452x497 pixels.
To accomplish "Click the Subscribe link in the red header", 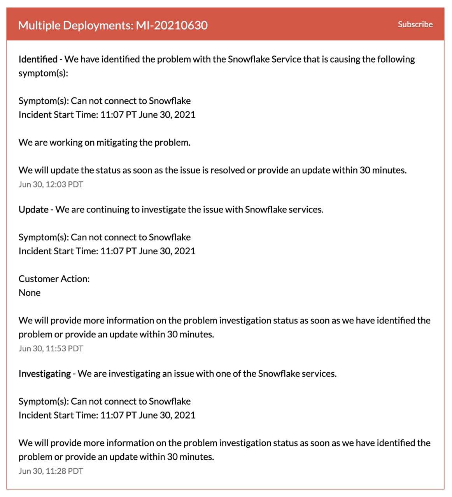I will coord(415,24).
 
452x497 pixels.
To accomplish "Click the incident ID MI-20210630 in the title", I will coord(172,25).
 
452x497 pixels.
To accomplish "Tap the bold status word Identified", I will coord(38,59).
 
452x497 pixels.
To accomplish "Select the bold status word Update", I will coord(33,210).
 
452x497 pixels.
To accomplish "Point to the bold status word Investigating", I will coord(45,374).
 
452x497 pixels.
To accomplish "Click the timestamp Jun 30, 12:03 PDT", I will coord(51,184).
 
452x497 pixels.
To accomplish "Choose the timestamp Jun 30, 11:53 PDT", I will coord(51,349).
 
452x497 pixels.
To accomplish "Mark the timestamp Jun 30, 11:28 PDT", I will coord(51,471).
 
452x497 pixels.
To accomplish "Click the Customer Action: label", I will coord(54,279).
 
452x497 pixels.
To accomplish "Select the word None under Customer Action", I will coord(30,293).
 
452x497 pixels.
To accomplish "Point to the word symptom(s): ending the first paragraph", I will coord(43,73).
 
